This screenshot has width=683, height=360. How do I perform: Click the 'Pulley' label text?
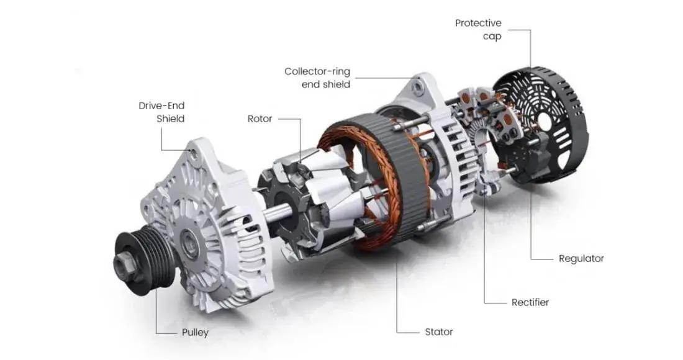point(194,332)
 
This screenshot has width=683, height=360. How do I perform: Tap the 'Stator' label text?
point(438,331)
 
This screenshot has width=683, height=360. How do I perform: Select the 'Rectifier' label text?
point(530,302)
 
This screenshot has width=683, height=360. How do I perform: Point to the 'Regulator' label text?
point(581,258)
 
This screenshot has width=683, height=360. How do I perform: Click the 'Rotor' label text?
point(260,119)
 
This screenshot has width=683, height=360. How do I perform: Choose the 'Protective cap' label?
point(478,29)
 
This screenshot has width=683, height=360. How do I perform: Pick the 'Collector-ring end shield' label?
point(317,78)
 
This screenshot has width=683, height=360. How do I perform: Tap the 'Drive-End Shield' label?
point(161,112)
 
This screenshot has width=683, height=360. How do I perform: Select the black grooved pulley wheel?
point(146,261)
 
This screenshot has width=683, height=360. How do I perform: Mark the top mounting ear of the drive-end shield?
point(194,152)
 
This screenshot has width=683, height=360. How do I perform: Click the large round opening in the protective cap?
point(546,121)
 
